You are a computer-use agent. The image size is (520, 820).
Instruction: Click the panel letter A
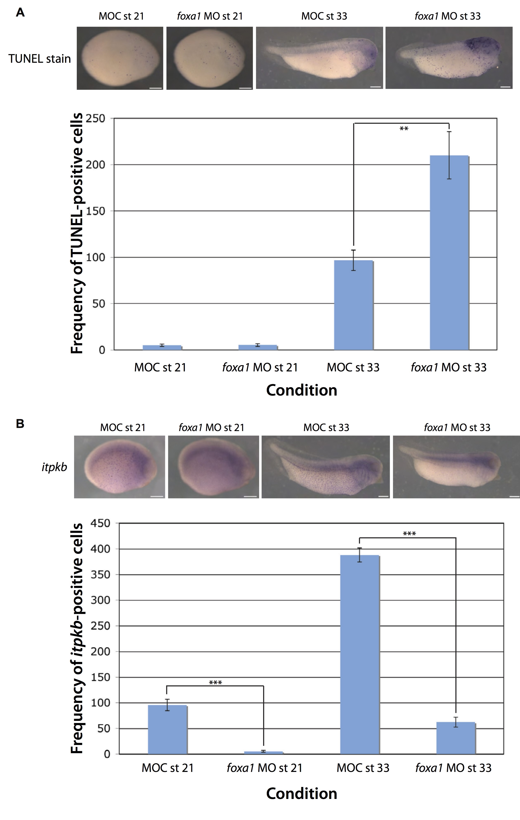[20, 13]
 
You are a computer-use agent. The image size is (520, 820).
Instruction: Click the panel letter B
[20, 424]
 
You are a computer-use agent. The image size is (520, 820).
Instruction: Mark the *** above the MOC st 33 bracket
[409, 534]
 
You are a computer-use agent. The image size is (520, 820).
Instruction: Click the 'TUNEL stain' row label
[39, 59]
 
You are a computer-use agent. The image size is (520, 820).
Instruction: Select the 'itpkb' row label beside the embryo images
[54, 467]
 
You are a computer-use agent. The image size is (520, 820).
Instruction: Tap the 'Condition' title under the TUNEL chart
[301, 390]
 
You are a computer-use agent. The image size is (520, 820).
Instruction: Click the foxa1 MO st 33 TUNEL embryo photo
[449, 58]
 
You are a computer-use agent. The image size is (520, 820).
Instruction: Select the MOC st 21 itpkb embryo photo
[119, 467]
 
